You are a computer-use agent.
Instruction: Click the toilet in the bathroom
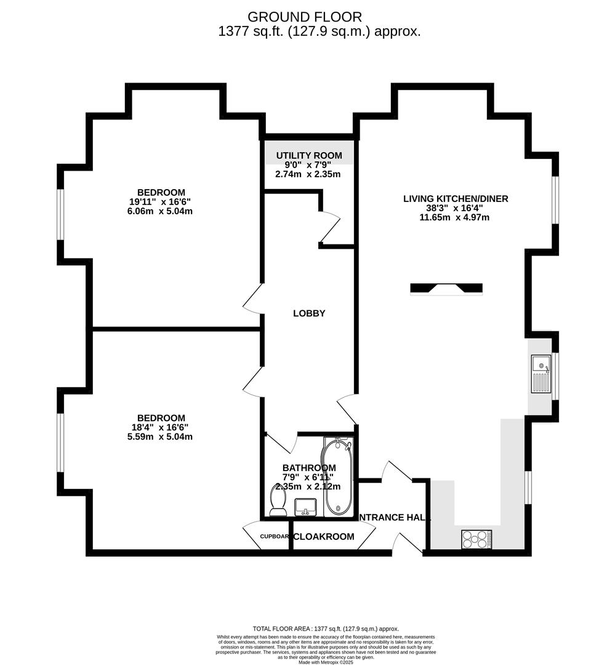tap(278, 500)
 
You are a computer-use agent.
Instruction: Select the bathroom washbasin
tap(305, 507)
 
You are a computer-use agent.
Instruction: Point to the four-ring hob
tap(476, 539)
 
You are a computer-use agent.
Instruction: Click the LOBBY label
tap(309, 313)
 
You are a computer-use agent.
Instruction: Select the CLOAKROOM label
tap(324, 537)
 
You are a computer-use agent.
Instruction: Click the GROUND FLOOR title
tap(305, 17)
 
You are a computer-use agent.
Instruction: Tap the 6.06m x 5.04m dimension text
tap(160, 211)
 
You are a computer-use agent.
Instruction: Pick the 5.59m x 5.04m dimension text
tap(160, 437)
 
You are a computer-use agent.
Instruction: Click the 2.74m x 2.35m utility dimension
tap(308, 174)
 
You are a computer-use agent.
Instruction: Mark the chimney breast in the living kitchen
tap(446, 288)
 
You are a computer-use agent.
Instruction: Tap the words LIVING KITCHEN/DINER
tap(456, 199)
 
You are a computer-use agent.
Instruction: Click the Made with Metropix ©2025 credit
tap(326, 662)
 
